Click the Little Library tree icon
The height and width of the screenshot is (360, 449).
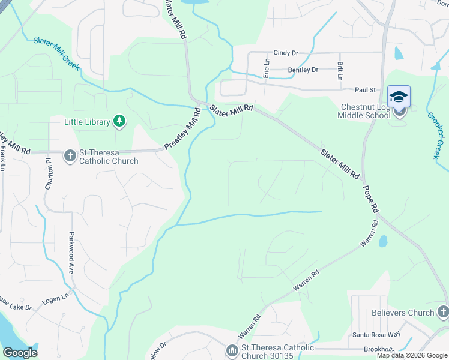(x=119, y=122)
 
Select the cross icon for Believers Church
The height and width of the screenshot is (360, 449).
(x=443, y=312)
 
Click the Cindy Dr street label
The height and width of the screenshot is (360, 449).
(x=286, y=53)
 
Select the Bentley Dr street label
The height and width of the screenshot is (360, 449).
(x=303, y=70)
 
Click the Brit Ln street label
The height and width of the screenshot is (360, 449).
(x=340, y=71)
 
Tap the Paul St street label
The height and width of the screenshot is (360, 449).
(x=364, y=90)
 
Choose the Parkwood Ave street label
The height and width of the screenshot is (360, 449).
(x=71, y=253)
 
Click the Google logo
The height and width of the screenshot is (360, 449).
(x=20, y=352)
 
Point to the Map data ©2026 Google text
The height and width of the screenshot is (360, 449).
(x=412, y=355)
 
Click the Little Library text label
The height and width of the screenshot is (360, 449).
(x=88, y=122)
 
